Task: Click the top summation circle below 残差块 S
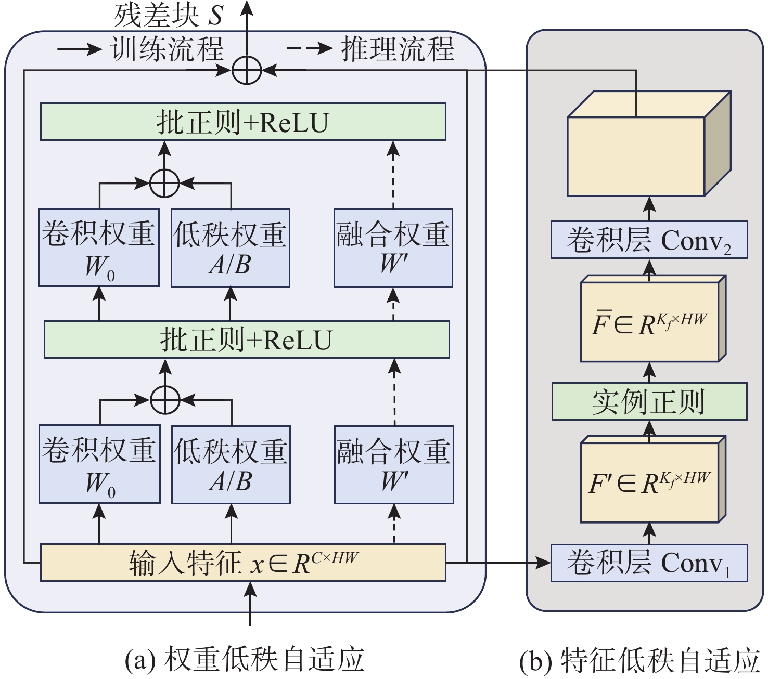[x=246, y=70]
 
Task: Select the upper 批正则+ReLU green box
[x=243, y=122]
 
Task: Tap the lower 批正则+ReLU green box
[x=247, y=339]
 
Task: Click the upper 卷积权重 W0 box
[x=99, y=247]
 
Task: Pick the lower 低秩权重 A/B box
[x=231, y=464]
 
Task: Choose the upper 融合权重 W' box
[x=393, y=248]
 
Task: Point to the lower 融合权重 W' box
[x=394, y=464]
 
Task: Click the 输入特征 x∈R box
[x=243, y=563]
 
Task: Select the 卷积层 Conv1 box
[x=649, y=563]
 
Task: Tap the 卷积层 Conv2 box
[x=649, y=240]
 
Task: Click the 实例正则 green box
[x=649, y=401]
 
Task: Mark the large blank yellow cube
[x=636, y=156]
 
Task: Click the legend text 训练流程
[x=167, y=49]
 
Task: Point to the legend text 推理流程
[x=398, y=49]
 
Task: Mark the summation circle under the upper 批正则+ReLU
[x=164, y=183]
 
